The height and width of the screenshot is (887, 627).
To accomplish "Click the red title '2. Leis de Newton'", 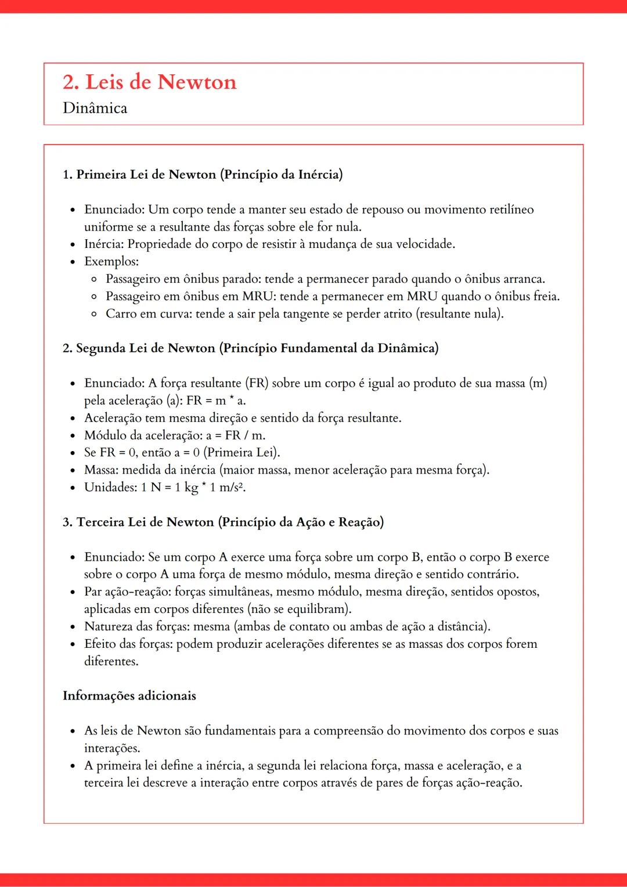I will [x=150, y=82].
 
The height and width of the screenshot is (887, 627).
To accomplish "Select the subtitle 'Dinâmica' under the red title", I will [x=95, y=108].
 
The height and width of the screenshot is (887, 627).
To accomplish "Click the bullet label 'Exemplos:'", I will [x=111, y=261].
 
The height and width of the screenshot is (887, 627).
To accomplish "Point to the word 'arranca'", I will [x=524, y=279].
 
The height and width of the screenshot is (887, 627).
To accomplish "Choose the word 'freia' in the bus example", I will [x=545, y=296].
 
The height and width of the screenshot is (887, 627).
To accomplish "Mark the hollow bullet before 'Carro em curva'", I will [x=94, y=314].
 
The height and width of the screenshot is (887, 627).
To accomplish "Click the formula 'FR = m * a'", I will [x=215, y=401].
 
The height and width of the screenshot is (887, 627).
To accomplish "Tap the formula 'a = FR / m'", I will [x=235, y=435].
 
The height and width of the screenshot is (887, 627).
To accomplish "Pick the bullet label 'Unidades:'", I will [x=111, y=487].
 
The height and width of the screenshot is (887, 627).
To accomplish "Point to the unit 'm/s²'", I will [x=231, y=487].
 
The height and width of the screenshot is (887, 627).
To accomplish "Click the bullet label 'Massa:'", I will [x=101, y=470].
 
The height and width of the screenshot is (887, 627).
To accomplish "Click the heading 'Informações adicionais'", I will [x=129, y=695].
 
